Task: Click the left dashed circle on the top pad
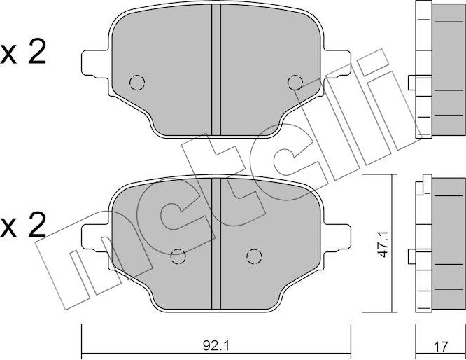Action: coord(137,83)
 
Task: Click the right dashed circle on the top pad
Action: coord(295,83)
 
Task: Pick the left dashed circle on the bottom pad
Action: coord(178,256)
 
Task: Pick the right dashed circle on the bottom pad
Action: coord(253,256)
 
